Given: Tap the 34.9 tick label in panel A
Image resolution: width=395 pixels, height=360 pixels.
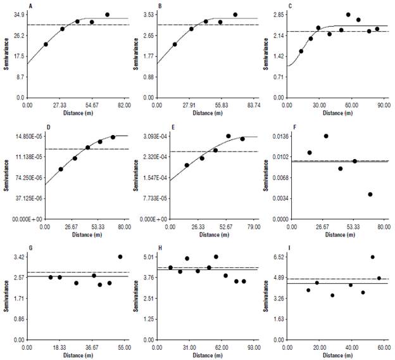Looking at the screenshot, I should [x=18, y=14].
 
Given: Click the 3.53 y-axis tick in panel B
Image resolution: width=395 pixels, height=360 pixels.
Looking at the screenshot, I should [x=149, y=14].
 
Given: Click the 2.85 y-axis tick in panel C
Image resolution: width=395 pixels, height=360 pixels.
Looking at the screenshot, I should [x=278, y=14].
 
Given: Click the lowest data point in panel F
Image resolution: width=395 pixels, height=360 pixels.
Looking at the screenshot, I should [x=370, y=194].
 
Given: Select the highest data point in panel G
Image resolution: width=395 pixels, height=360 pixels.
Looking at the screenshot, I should [x=120, y=257].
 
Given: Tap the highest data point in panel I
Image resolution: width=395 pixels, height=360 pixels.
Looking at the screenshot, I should [x=373, y=257].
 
